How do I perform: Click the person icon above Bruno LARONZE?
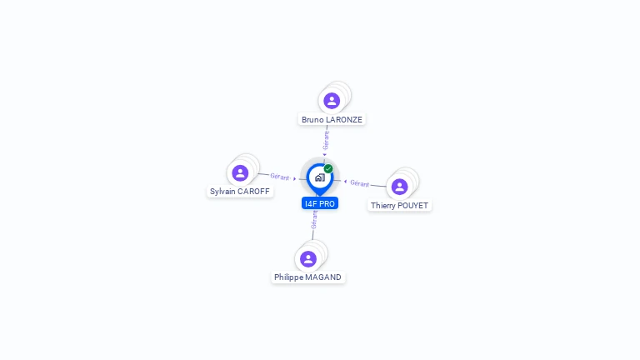pyautogui.click(x=332, y=101)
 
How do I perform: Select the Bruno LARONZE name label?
pyautogui.click(x=332, y=119)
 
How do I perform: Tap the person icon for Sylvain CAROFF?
pyautogui.click(x=240, y=172)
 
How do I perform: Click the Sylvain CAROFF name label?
pyautogui.click(x=240, y=191)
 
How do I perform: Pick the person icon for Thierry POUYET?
pyautogui.click(x=399, y=187)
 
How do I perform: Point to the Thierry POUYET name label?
pyautogui.click(x=400, y=205)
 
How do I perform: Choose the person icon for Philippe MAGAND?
pyautogui.click(x=308, y=258)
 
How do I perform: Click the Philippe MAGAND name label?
pyautogui.click(x=307, y=277)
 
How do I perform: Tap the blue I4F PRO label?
pyautogui.click(x=320, y=203)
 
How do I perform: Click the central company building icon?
pyautogui.click(x=319, y=177)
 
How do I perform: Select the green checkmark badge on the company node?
pyautogui.click(x=328, y=168)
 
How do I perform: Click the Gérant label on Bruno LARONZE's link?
pyautogui.click(x=326, y=140)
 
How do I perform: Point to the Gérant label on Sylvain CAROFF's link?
pyautogui.click(x=279, y=177)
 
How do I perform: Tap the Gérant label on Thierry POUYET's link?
pyautogui.click(x=360, y=182)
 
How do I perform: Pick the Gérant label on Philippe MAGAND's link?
pyautogui.click(x=314, y=220)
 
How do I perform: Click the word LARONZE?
pyautogui.click(x=343, y=119)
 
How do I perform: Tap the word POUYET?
pyautogui.click(x=414, y=205)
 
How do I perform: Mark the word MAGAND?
pyautogui.click(x=324, y=277)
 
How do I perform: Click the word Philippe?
pyautogui.click(x=289, y=277)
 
